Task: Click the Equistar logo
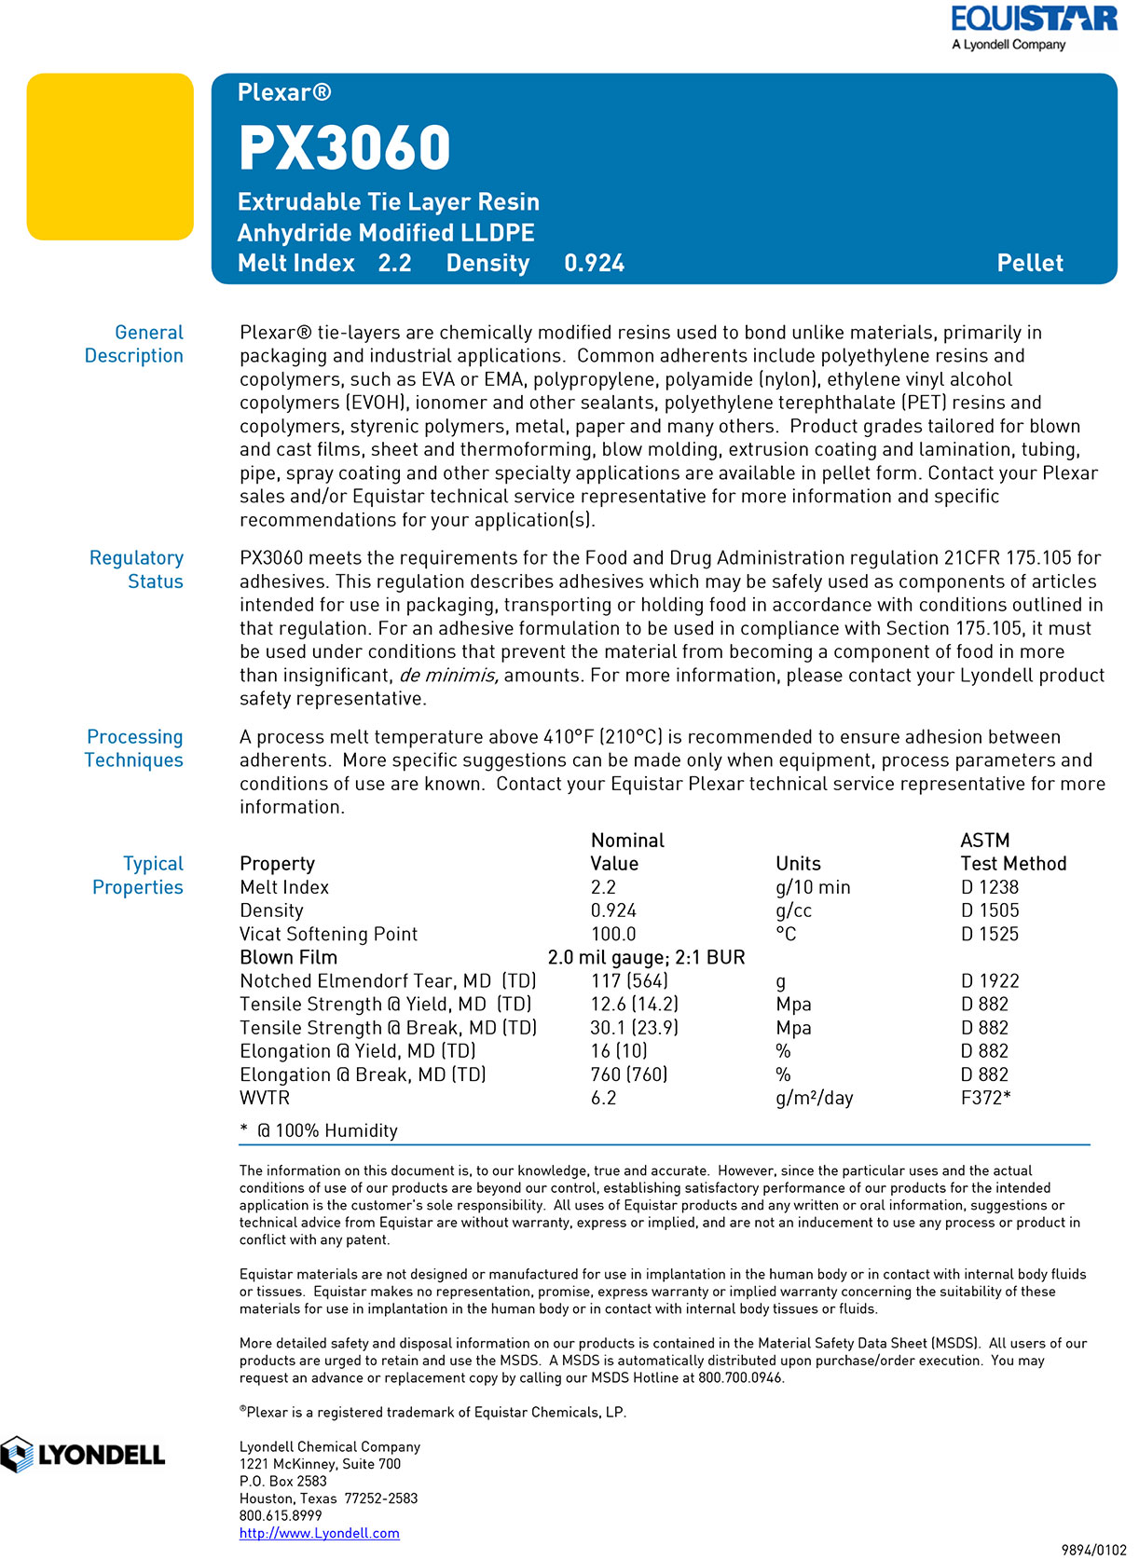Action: click(1033, 28)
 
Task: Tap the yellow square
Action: click(110, 157)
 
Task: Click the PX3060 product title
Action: click(344, 148)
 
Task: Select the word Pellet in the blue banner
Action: click(1029, 264)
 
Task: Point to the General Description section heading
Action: click(134, 344)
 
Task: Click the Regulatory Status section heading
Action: click(137, 569)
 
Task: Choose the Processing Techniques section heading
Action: click(134, 748)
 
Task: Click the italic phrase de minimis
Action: click(448, 676)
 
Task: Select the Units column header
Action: click(798, 864)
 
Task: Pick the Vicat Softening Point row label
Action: click(328, 934)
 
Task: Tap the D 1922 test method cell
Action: click(990, 980)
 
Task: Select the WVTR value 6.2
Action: click(603, 1098)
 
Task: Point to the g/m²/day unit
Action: click(814, 1098)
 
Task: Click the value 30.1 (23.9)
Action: click(634, 1028)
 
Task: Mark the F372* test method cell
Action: click(985, 1098)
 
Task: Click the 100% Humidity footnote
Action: click(326, 1130)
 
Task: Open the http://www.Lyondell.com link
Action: click(319, 1533)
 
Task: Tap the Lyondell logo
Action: click(83, 1455)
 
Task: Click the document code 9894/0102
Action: click(1093, 1550)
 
